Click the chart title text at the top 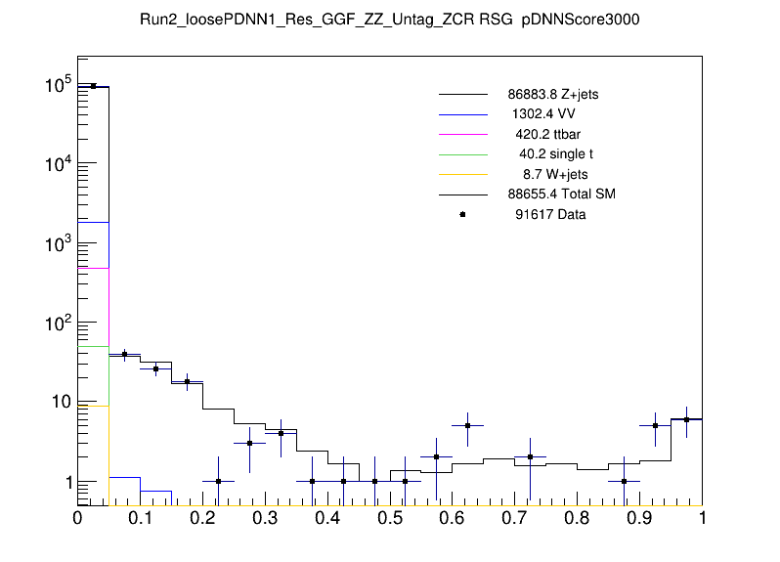click(389, 22)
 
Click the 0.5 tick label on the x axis click(390, 518)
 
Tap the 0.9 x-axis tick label click(639, 518)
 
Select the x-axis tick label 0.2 click(202, 518)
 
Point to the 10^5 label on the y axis click(57, 85)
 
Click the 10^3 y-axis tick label click(57, 243)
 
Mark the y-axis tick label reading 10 click(59, 403)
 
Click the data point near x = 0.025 click(93, 86)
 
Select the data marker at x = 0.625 click(468, 426)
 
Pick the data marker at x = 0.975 click(686, 420)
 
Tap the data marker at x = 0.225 click(218, 481)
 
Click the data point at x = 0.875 click(624, 481)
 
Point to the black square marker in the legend click(462, 214)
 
